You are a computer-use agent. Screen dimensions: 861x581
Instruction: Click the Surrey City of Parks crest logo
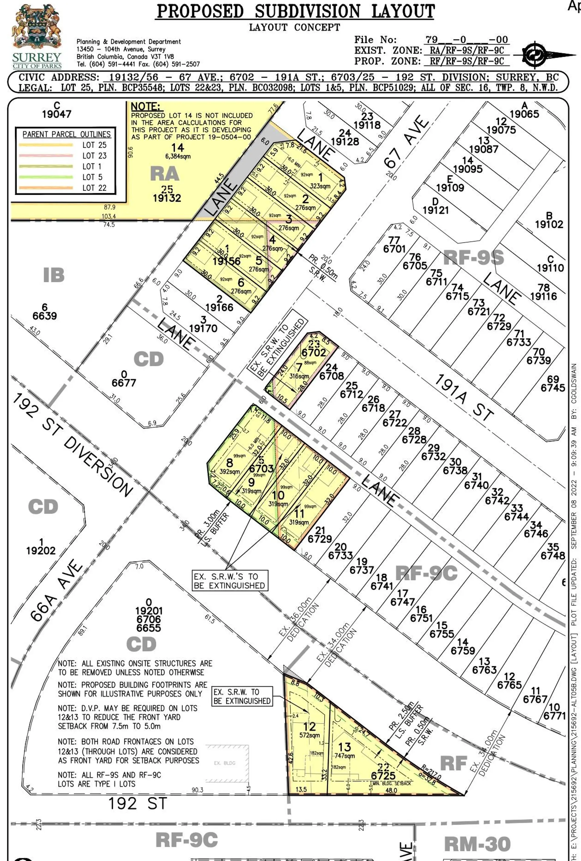(x=36, y=36)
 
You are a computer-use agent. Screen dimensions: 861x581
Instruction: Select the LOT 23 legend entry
(x=94, y=156)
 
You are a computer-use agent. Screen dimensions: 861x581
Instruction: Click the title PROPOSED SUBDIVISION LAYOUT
(x=295, y=11)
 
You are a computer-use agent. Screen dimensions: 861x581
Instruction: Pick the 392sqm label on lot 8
(x=230, y=472)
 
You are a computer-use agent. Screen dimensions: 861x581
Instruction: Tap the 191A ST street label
(x=464, y=397)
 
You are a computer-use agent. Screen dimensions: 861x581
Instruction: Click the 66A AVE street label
(x=56, y=589)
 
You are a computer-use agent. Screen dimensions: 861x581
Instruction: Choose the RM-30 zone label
(x=477, y=844)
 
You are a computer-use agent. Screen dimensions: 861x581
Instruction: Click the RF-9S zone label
(x=473, y=257)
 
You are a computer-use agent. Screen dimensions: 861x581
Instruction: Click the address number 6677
(x=124, y=382)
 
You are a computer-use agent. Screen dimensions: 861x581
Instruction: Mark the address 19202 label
(x=41, y=551)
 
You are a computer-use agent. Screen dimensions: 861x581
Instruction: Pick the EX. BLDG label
(x=225, y=763)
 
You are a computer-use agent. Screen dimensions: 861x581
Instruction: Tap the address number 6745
(x=553, y=388)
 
